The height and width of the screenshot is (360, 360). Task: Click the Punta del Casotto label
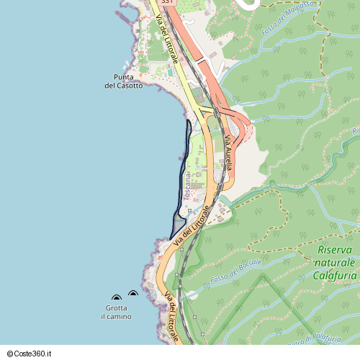tap(124, 81)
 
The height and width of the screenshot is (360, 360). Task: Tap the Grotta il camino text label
tap(116, 312)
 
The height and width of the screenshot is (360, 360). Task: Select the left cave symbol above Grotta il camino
tap(116, 297)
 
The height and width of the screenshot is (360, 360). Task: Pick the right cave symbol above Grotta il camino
tap(132, 293)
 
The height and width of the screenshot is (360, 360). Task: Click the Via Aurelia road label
tap(229, 152)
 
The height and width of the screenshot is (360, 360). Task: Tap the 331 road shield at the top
tap(167, 3)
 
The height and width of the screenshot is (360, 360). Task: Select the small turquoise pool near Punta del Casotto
tap(171, 73)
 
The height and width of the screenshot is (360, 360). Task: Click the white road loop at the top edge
tap(250, 4)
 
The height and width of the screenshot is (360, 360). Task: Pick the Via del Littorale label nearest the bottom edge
tap(171, 317)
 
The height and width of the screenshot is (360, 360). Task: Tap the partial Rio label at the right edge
tap(355, 131)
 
